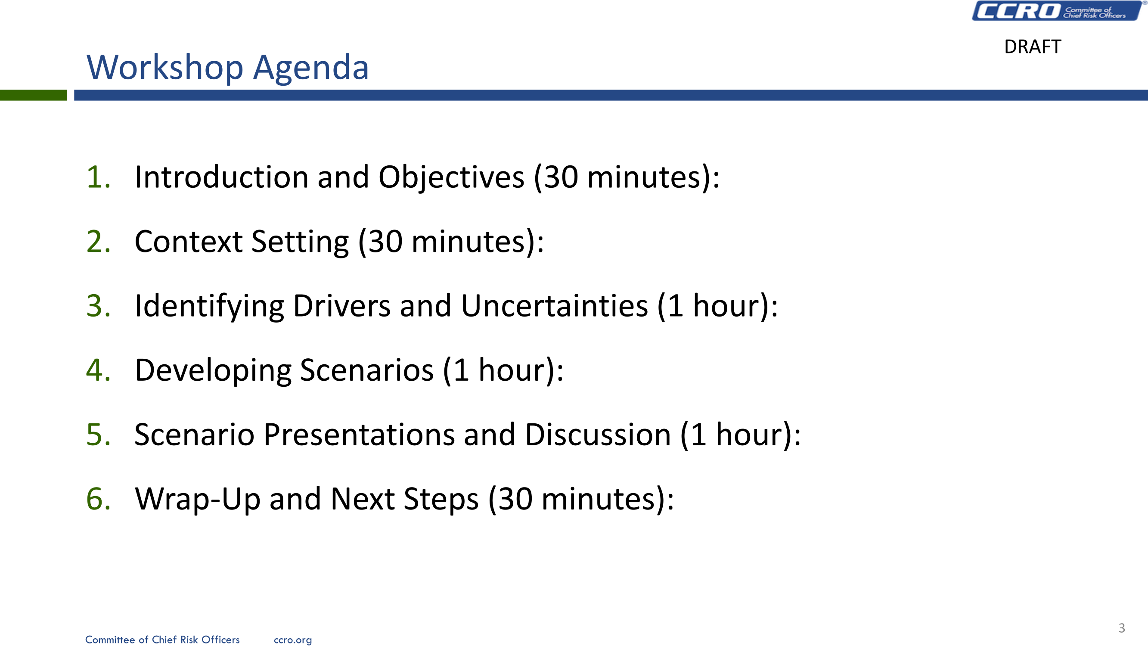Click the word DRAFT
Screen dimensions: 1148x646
[1033, 47]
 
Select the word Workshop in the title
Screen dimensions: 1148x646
[165, 68]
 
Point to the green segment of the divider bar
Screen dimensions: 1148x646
[34, 95]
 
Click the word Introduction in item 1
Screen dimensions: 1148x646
[221, 177]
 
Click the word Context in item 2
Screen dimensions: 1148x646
[189, 242]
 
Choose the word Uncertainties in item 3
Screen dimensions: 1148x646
[554, 306]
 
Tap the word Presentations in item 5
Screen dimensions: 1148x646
[359, 435]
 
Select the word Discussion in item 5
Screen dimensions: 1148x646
[598, 435]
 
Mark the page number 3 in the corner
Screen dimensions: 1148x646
[1122, 628]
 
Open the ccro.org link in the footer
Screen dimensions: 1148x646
[293, 640]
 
